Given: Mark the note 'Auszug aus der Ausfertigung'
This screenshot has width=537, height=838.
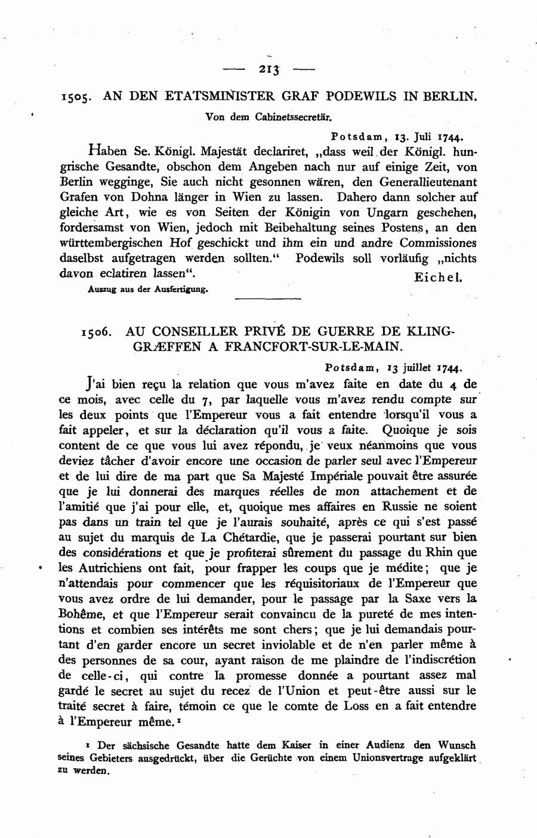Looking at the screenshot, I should (147, 289).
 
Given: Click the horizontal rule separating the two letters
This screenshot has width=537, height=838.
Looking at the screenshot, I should (268, 298).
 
